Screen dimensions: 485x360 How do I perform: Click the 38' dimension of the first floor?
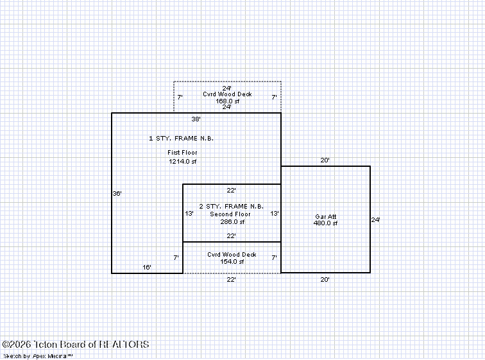[x=196, y=119]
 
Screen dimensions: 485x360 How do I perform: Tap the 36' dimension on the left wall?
[x=117, y=193]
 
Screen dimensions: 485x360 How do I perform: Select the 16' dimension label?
[x=147, y=267]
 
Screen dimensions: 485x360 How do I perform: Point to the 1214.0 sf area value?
[x=182, y=161]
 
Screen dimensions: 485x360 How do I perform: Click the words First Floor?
[x=182, y=153]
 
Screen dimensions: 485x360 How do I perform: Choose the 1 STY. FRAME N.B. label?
[x=182, y=138]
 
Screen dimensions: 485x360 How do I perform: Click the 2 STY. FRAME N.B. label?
[x=232, y=206]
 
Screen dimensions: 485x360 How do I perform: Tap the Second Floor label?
[x=230, y=214]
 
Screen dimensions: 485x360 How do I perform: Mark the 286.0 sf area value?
[x=232, y=222]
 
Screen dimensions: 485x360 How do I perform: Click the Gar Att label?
[x=326, y=216]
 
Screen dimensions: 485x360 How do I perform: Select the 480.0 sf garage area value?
[x=325, y=223]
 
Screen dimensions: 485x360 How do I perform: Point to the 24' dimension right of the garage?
[x=375, y=220]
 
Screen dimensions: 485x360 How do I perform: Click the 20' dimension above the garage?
[x=325, y=160]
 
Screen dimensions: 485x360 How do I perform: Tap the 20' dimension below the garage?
[x=325, y=280]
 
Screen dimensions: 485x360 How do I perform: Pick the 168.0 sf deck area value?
[x=227, y=101]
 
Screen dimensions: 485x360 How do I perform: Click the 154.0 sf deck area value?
[x=232, y=262]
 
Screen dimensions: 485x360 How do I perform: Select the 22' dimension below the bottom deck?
[x=231, y=280]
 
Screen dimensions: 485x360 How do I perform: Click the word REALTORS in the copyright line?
[x=124, y=344]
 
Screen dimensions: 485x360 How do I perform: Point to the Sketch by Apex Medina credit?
[x=38, y=356]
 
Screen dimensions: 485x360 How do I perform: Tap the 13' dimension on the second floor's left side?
[x=189, y=214]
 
